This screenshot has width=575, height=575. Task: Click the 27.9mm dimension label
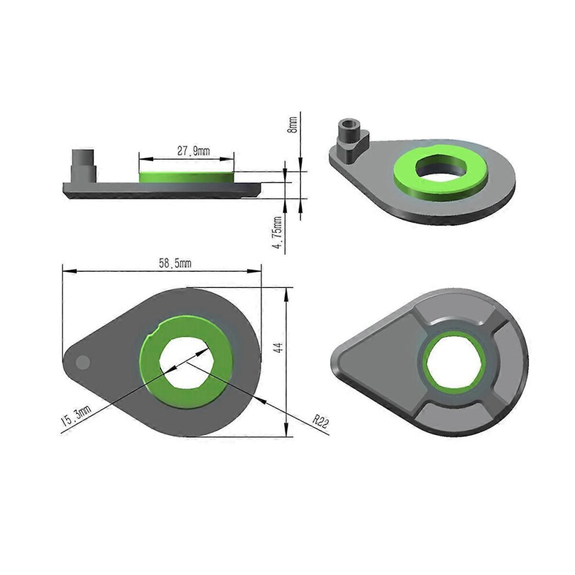[x=193, y=151]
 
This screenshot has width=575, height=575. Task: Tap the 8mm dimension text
[x=293, y=125]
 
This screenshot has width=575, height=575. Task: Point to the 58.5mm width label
[x=175, y=263]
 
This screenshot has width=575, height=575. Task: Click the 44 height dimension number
[x=279, y=347]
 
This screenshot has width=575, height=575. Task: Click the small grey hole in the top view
[x=83, y=362]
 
